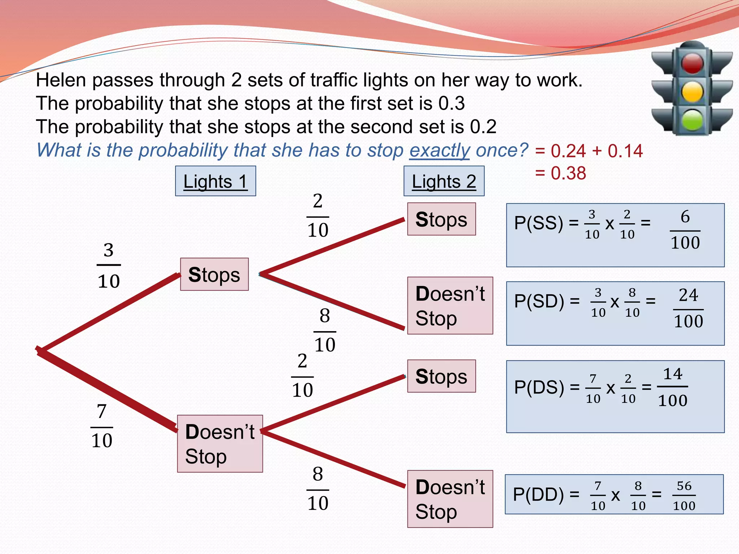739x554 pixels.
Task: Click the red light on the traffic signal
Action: tap(692, 63)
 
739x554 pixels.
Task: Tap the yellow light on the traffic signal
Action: tap(692, 92)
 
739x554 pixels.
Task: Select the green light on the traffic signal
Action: tap(692, 120)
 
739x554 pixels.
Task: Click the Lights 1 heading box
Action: tap(215, 181)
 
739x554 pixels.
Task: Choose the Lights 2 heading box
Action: tap(444, 181)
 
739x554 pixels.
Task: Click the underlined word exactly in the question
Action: tap(439, 150)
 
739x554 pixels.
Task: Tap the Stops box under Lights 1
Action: tap(214, 274)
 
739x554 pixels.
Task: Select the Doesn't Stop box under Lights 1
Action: tap(220, 444)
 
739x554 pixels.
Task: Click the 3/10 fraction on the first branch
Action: tap(109, 265)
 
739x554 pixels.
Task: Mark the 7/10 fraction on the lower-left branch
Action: tap(102, 426)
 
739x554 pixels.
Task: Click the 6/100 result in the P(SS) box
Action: tap(685, 230)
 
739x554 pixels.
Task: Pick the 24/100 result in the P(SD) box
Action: tap(688, 308)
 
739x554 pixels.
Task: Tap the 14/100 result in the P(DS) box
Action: tap(673, 387)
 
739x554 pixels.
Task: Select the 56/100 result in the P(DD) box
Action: tap(684, 496)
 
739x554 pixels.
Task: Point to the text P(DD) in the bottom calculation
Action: tap(538, 494)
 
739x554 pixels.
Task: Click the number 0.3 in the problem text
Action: tap(451, 104)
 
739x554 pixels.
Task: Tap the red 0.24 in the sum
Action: tap(568, 151)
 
